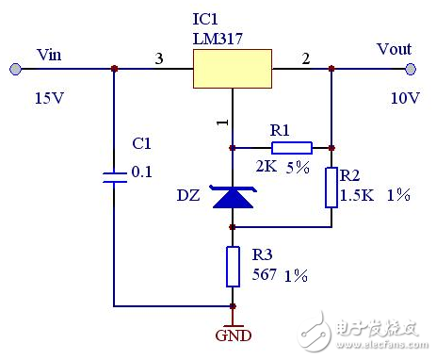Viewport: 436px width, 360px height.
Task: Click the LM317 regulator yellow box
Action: pos(232,68)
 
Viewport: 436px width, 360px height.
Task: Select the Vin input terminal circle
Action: pos(15,68)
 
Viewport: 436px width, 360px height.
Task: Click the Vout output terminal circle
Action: pos(411,68)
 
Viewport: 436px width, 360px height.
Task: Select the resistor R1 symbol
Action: pos(291,147)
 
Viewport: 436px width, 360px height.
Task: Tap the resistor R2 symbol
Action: pos(331,188)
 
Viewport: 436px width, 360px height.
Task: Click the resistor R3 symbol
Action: pos(234,266)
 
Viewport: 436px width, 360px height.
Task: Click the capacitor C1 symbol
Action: pos(114,177)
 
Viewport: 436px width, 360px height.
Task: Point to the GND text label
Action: pos(234,335)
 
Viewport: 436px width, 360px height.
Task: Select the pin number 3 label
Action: pos(159,59)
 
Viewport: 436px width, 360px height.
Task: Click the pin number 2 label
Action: pos(304,59)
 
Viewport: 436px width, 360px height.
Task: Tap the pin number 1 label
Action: pos(223,121)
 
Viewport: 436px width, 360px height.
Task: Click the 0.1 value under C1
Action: pos(142,172)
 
